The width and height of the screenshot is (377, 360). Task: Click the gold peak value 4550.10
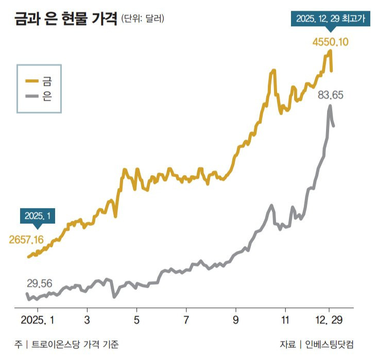331,41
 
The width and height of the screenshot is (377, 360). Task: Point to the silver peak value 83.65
331,95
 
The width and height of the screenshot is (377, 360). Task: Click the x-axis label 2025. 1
37,319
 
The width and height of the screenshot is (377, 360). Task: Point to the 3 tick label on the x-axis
87,319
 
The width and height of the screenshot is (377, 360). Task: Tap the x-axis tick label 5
136,319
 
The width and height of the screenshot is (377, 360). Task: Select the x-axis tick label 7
186,319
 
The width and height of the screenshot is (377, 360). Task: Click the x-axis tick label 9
236,319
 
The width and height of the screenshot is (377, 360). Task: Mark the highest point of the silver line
330,107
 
